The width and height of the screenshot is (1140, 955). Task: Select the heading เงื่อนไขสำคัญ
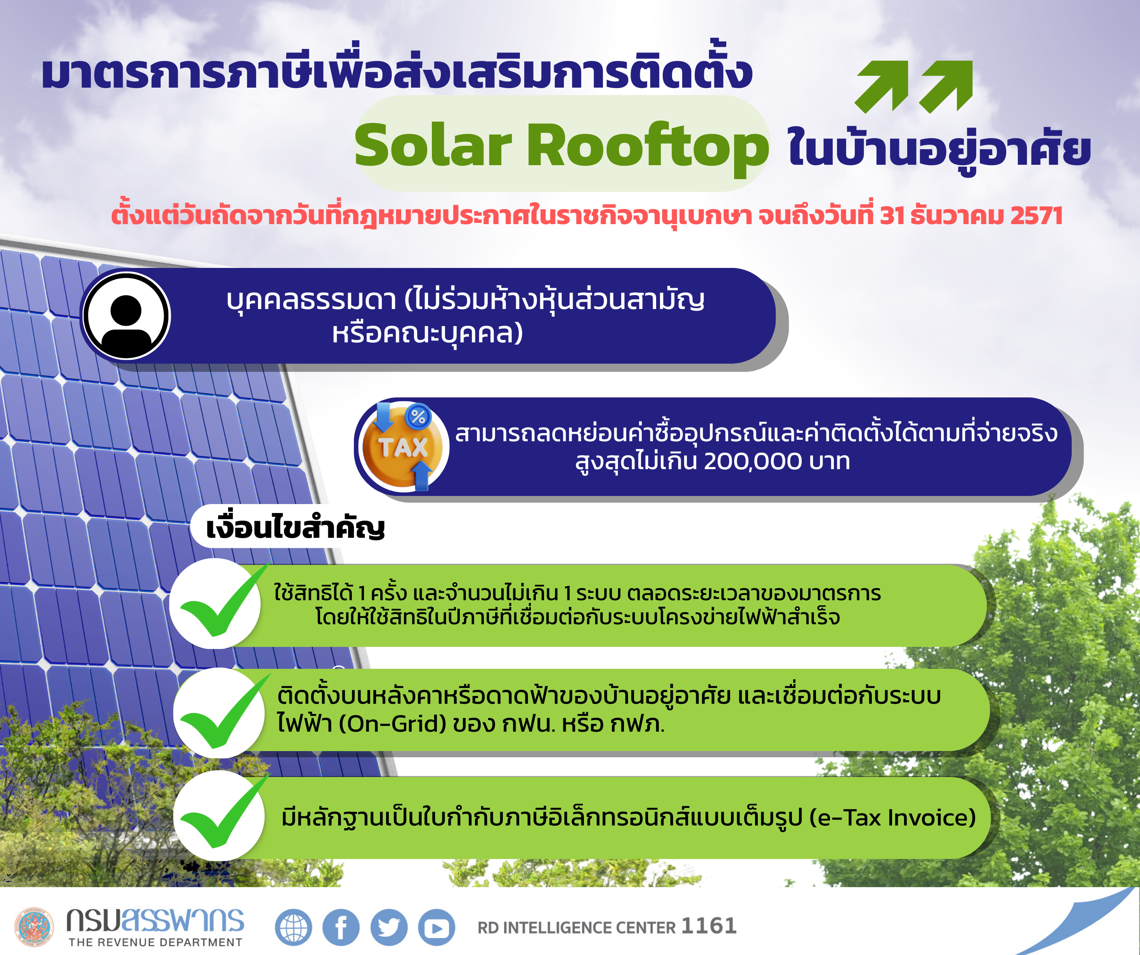[295, 527]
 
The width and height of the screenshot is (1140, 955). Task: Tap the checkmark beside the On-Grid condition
[220, 713]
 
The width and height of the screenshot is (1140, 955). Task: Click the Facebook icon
[341, 927]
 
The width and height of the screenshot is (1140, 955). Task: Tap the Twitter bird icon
[389, 927]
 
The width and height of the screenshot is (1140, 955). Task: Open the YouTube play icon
[437, 927]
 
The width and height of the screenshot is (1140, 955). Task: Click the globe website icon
[293, 927]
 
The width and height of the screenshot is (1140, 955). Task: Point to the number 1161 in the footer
[709, 926]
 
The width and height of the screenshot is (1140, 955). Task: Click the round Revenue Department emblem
[34, 927]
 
